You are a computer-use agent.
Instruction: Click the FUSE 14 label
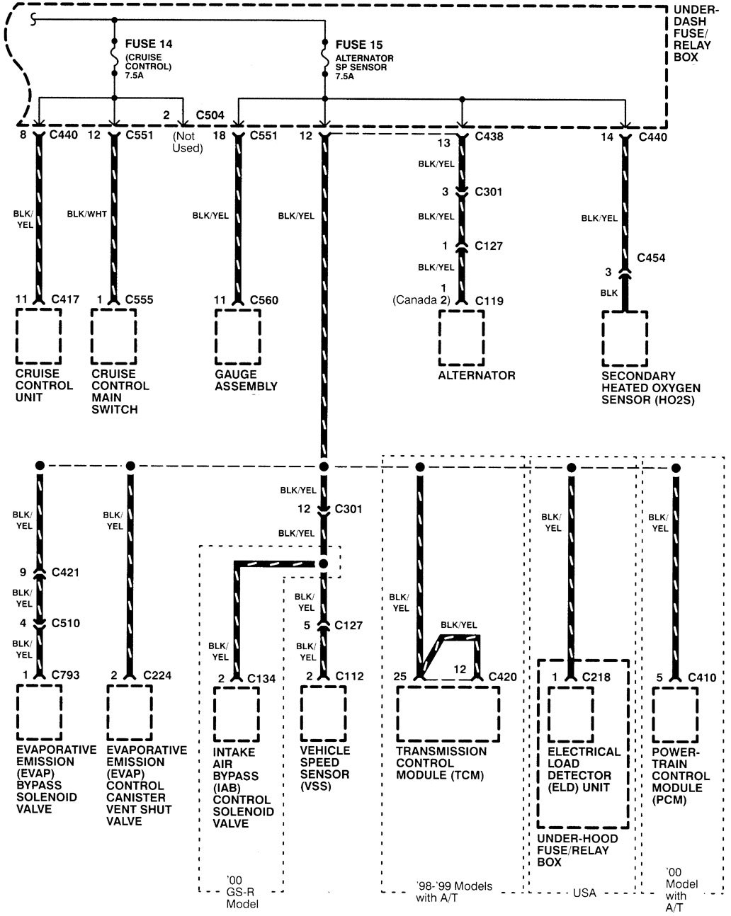click(x=149, y=44)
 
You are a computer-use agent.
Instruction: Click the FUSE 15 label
click(x=360, y=45)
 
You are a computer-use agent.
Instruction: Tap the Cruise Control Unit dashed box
click(x=38, y=336)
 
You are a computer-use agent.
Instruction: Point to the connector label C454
click(x=651, y=258)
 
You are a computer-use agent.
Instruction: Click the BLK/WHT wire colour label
click(x=86, y=214)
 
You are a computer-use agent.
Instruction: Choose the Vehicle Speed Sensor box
click(x=323, y=713)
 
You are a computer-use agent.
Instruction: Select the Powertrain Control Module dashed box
click(x=675, y=714)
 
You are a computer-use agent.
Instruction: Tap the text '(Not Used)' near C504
click(x=188, y=142)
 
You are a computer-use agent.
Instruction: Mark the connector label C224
click(x=157, y=675)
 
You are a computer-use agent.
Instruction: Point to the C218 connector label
click(x=596, y=677)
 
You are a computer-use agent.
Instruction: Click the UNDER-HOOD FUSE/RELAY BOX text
click(x=577, y=850)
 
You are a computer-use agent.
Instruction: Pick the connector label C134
click(x=261, y=679)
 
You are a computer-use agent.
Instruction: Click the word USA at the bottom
click(x=584, y=893)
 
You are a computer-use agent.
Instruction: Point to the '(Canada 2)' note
click(x=421, y=300)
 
